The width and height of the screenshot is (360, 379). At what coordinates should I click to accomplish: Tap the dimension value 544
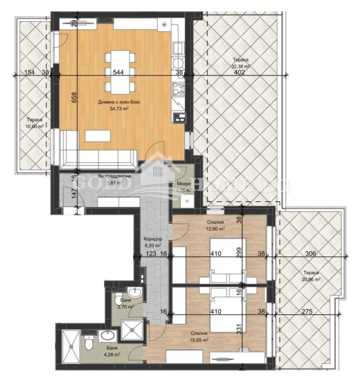pos(118,72)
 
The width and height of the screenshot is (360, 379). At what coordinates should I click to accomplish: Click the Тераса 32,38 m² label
pos(240,63)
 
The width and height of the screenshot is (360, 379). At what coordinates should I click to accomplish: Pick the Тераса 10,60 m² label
pos(35,123)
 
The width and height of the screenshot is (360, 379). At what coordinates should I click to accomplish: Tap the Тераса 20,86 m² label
pos(311,276)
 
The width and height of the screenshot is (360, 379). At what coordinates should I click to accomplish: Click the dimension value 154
pos(29,72)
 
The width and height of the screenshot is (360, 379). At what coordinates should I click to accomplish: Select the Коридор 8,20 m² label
pos(153,243)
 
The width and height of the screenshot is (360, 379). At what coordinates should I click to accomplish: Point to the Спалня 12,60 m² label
pos(216,225)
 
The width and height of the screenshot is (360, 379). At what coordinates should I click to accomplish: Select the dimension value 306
pos(310,254)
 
